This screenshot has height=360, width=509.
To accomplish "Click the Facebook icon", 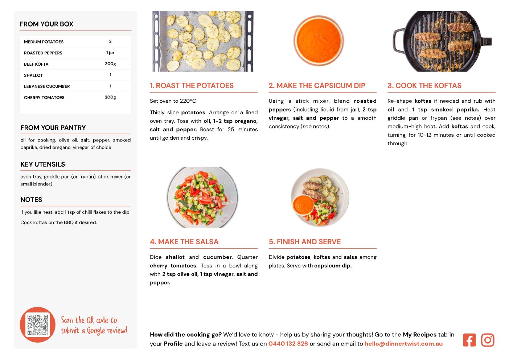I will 469,340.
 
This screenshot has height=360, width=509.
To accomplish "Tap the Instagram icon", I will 488,340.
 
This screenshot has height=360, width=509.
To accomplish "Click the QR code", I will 38,325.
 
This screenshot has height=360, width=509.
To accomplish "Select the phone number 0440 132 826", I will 288,344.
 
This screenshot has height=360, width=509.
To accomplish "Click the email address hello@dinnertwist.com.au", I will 403,344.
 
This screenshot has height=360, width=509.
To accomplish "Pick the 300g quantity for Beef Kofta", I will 110,64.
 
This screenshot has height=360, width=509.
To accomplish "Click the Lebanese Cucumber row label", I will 47,86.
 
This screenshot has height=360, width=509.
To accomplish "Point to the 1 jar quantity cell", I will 110,53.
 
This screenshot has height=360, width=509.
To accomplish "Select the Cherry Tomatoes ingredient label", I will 44,98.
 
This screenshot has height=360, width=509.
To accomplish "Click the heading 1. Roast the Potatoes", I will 192,86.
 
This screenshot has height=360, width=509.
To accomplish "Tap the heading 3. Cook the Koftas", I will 424,86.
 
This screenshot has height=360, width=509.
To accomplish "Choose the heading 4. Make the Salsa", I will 184,242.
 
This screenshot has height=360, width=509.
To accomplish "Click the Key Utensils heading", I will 43,164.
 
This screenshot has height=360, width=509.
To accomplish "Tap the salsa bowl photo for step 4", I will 202,197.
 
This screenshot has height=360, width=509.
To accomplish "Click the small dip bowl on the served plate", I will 303,204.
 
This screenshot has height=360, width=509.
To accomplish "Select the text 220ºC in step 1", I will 188,101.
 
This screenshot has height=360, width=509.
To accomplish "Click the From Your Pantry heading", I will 53,128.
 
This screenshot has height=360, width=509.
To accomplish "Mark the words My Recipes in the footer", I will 419,335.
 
